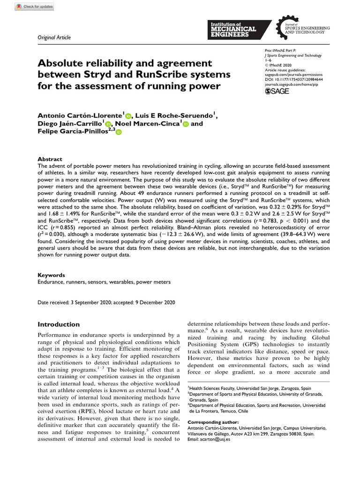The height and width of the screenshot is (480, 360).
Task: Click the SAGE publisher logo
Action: pos(277,91)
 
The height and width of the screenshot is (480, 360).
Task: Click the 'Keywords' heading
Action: pos(51,275)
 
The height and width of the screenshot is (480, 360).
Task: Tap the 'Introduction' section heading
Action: pos(59,324)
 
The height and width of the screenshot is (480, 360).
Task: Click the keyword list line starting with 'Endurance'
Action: pos(104,282)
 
